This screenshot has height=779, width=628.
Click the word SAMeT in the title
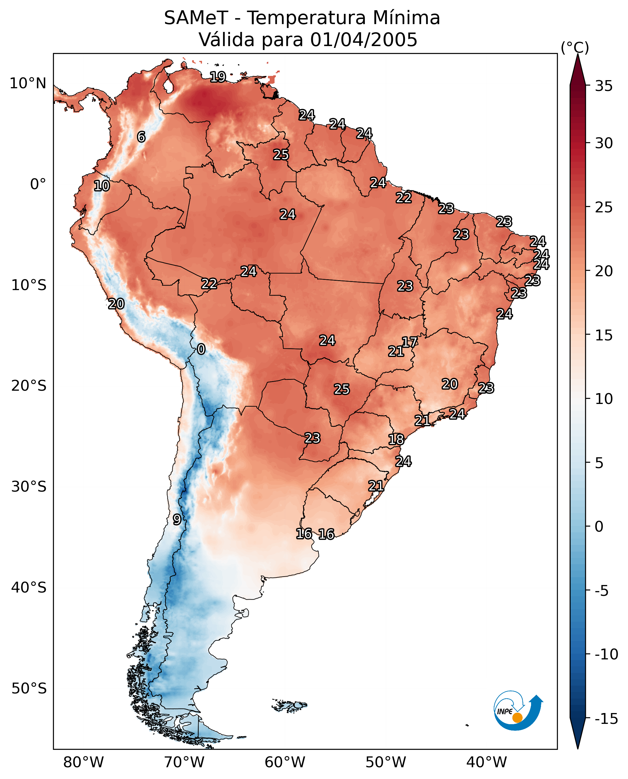(x=196, y=18)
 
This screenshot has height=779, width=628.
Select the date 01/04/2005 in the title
(x=364, y=40)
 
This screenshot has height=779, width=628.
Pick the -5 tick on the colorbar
(x=602, y=591)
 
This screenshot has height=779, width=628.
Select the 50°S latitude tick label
(x=29, y=689)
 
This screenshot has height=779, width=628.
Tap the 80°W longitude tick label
(x=84, y=763)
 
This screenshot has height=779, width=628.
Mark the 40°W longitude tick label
(x=487, y=763)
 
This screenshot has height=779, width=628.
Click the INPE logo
(x=518, y=712)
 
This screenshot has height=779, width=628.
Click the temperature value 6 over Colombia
(x=141, y=137)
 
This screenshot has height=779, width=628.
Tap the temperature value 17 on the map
(x=409, y=342)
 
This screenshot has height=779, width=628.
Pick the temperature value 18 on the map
(x=396, y=440)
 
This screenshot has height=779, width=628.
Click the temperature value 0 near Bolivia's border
(x=201, y=349)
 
